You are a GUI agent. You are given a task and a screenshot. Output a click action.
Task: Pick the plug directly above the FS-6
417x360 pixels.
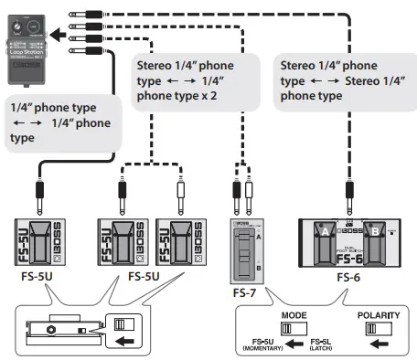347,194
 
